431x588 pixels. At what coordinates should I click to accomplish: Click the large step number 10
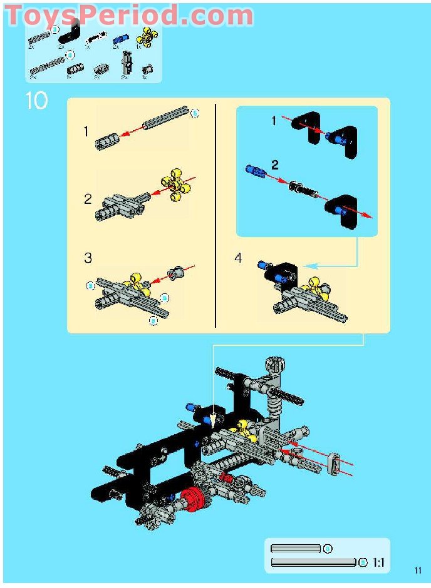pos(36,100)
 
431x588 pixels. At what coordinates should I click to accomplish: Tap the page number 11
pos(418,569)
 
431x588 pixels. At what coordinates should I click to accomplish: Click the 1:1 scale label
pos(378,562)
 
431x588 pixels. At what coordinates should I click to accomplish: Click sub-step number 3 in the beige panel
pos(88,258)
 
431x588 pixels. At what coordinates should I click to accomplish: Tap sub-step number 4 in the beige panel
pos(238,258)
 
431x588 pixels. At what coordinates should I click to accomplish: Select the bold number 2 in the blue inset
pos(274,165)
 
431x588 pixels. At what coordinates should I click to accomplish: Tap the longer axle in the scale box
pos(313,562)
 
